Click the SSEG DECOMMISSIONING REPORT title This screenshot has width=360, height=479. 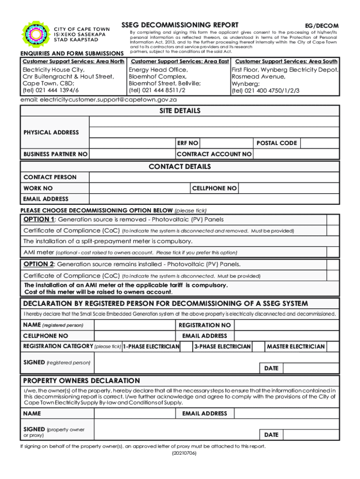(180, 25)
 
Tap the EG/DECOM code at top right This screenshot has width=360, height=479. (322, 26)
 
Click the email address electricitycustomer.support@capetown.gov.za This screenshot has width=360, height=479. (99, 100)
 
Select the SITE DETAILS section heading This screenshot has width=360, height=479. (180, 111)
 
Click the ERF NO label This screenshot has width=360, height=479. (187, 143)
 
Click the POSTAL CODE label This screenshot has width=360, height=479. (276, 143)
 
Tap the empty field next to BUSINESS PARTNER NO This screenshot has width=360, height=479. (132, 154)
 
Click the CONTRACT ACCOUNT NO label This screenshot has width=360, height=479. (214, 154)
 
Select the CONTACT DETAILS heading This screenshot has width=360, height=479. (180, 167)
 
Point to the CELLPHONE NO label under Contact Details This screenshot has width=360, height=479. (215, 188)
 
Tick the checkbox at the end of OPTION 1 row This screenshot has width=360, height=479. (333, 220)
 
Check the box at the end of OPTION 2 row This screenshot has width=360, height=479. (333, 264)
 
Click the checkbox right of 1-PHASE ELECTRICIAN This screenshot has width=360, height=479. (187, 347)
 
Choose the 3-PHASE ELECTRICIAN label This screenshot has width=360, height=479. (223, 347)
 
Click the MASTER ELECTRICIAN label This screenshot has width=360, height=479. (295, 347)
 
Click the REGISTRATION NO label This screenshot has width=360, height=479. (205, 325)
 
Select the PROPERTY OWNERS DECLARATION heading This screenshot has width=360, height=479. (82, 381)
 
